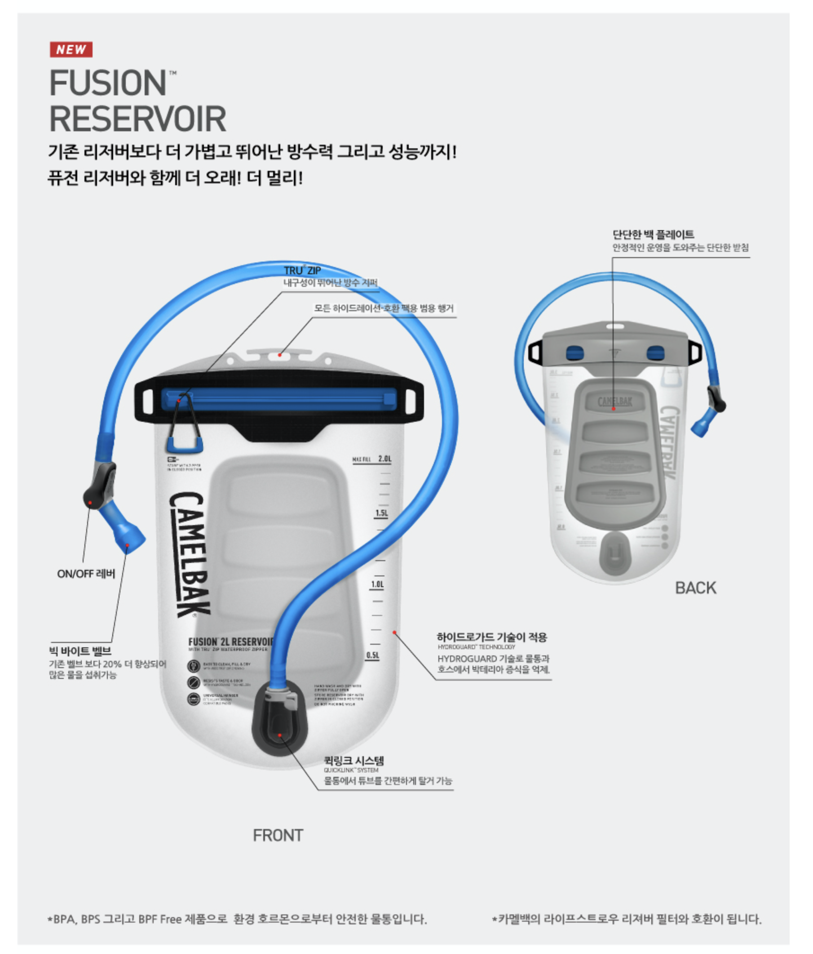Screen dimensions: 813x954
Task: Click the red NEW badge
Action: point(71,49)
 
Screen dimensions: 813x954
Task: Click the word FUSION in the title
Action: point(108,83)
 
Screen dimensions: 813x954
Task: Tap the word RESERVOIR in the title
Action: point(137,119)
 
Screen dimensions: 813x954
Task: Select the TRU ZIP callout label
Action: point(302,270)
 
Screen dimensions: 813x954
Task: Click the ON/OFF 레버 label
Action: point(86,574)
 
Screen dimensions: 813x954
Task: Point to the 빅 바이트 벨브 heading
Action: point(80,651)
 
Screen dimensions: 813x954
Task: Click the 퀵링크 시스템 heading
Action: point(353,761)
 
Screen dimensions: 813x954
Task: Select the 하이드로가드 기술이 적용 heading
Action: point(491,637)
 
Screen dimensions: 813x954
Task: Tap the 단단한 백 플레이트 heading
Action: point(653,234)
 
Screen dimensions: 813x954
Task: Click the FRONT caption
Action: point(278,835)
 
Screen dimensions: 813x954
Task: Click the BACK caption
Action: point(695,588)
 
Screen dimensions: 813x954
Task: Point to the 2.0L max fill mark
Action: point(384,459)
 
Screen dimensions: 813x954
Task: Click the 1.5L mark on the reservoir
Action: point(381,513)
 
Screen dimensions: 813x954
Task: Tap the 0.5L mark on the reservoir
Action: point(373,655)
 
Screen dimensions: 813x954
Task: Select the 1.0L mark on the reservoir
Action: point(377,584)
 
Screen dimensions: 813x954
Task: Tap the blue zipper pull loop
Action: point(185,445)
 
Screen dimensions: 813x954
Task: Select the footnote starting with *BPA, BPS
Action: point(237,919)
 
